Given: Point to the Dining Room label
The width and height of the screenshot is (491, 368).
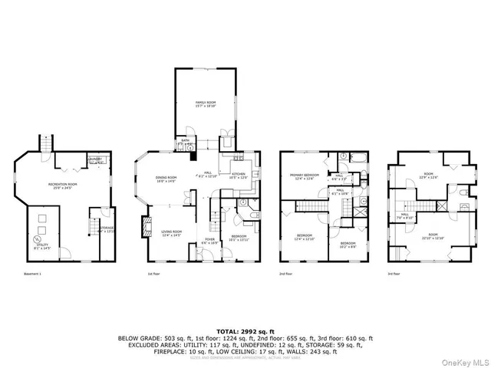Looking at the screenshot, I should point(166,179).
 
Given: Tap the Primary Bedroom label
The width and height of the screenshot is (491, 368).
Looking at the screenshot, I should point(304,177).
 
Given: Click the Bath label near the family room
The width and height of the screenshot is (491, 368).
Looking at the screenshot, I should point(186,141).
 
